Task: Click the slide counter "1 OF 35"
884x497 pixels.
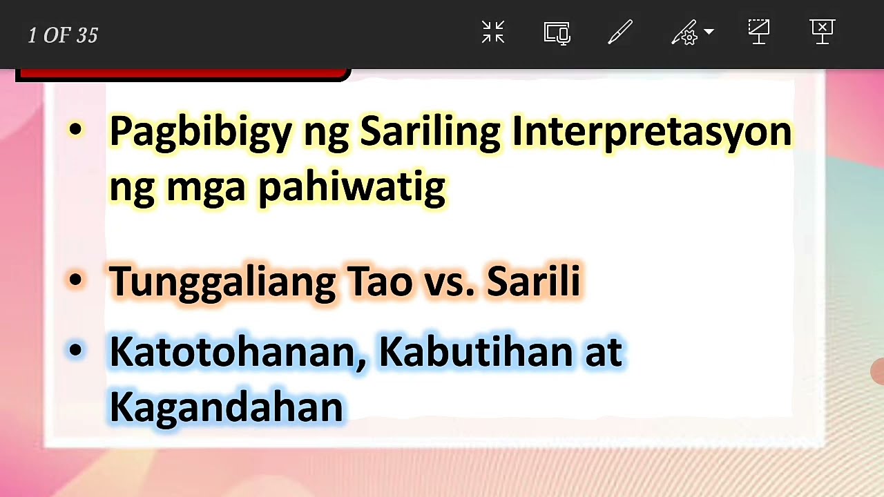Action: tap(63, 36)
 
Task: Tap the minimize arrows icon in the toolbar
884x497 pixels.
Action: tap(493, 32)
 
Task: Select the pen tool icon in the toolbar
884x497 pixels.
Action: tap(619, 32)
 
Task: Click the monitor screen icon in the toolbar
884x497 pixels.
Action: tap(557, 32)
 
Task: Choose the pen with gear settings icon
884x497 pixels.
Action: tap(686, 32)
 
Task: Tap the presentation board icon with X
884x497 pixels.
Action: tap(822, 32)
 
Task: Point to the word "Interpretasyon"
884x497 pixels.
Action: tap(651, 131)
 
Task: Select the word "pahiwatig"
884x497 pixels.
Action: tap(352, 186)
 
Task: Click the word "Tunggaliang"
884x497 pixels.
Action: tap(222, 282)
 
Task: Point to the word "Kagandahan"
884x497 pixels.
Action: tap(226, 407)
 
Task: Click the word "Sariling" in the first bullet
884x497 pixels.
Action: tap(430, 131)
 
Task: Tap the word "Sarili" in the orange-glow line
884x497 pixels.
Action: tap(533, 281)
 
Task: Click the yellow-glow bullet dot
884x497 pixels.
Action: tap(76, 129)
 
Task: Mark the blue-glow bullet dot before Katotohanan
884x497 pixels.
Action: tap(76, 351)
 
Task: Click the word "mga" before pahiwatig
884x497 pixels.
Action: tap(206, 186)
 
